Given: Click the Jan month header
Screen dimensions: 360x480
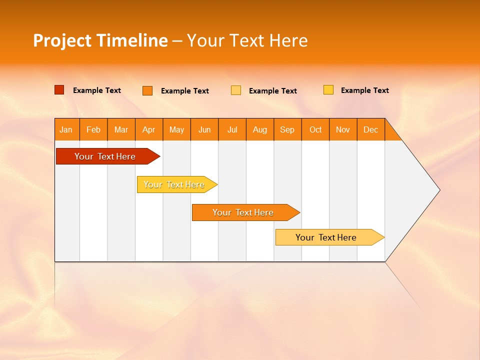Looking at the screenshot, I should pos(66,129).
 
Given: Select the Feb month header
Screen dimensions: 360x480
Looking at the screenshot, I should pos(93,129).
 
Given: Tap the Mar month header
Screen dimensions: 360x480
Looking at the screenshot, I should pos(121,129).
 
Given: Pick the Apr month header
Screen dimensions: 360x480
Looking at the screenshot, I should pos(149,129).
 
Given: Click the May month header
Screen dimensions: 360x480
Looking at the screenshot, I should pos(176,129).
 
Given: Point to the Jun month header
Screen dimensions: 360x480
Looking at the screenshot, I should pos(204,129).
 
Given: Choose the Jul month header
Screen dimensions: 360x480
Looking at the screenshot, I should pos(232,129).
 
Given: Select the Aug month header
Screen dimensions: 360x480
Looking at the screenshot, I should pos(260,129).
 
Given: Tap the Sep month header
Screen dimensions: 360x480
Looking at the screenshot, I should pos(287,129).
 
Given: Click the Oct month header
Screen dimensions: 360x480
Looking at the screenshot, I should pos(315,129).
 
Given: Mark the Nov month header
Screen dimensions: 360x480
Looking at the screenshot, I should pos(343,129).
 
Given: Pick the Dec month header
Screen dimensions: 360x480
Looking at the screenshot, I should pos(371,129).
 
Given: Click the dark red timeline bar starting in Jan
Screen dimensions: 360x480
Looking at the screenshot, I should pos(105,156).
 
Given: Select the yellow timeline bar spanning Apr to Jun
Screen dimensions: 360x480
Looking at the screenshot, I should pos(174,184).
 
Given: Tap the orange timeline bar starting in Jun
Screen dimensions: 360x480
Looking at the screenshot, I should pos(243,212).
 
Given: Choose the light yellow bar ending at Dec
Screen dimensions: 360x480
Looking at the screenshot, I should pos(326,237).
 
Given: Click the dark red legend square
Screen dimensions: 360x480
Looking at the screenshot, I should pos(59,90).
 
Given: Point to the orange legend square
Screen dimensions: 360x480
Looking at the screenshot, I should pos(147,90).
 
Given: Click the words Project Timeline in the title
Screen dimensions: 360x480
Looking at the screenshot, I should pos(100,40).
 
